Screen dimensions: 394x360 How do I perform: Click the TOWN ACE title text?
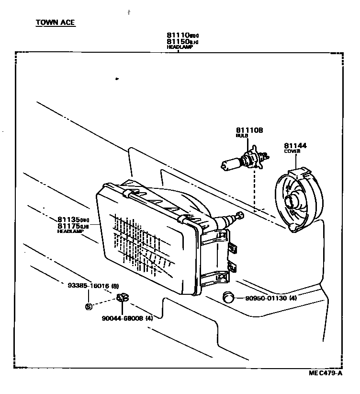tap(55, 23)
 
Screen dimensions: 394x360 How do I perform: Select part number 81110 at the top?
tap(177, 35)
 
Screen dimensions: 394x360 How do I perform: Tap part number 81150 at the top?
tap(177, 42)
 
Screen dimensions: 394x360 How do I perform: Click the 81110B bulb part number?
tap(249, 130)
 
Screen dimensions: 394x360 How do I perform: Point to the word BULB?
tap(242, 136)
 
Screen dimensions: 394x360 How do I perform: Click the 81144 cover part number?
tap(295, 145)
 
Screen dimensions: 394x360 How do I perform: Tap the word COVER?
tap(292, 151)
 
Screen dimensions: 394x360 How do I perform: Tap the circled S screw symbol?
tap(88, 306)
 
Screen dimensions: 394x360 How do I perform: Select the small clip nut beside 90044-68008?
tap(122, 299)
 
